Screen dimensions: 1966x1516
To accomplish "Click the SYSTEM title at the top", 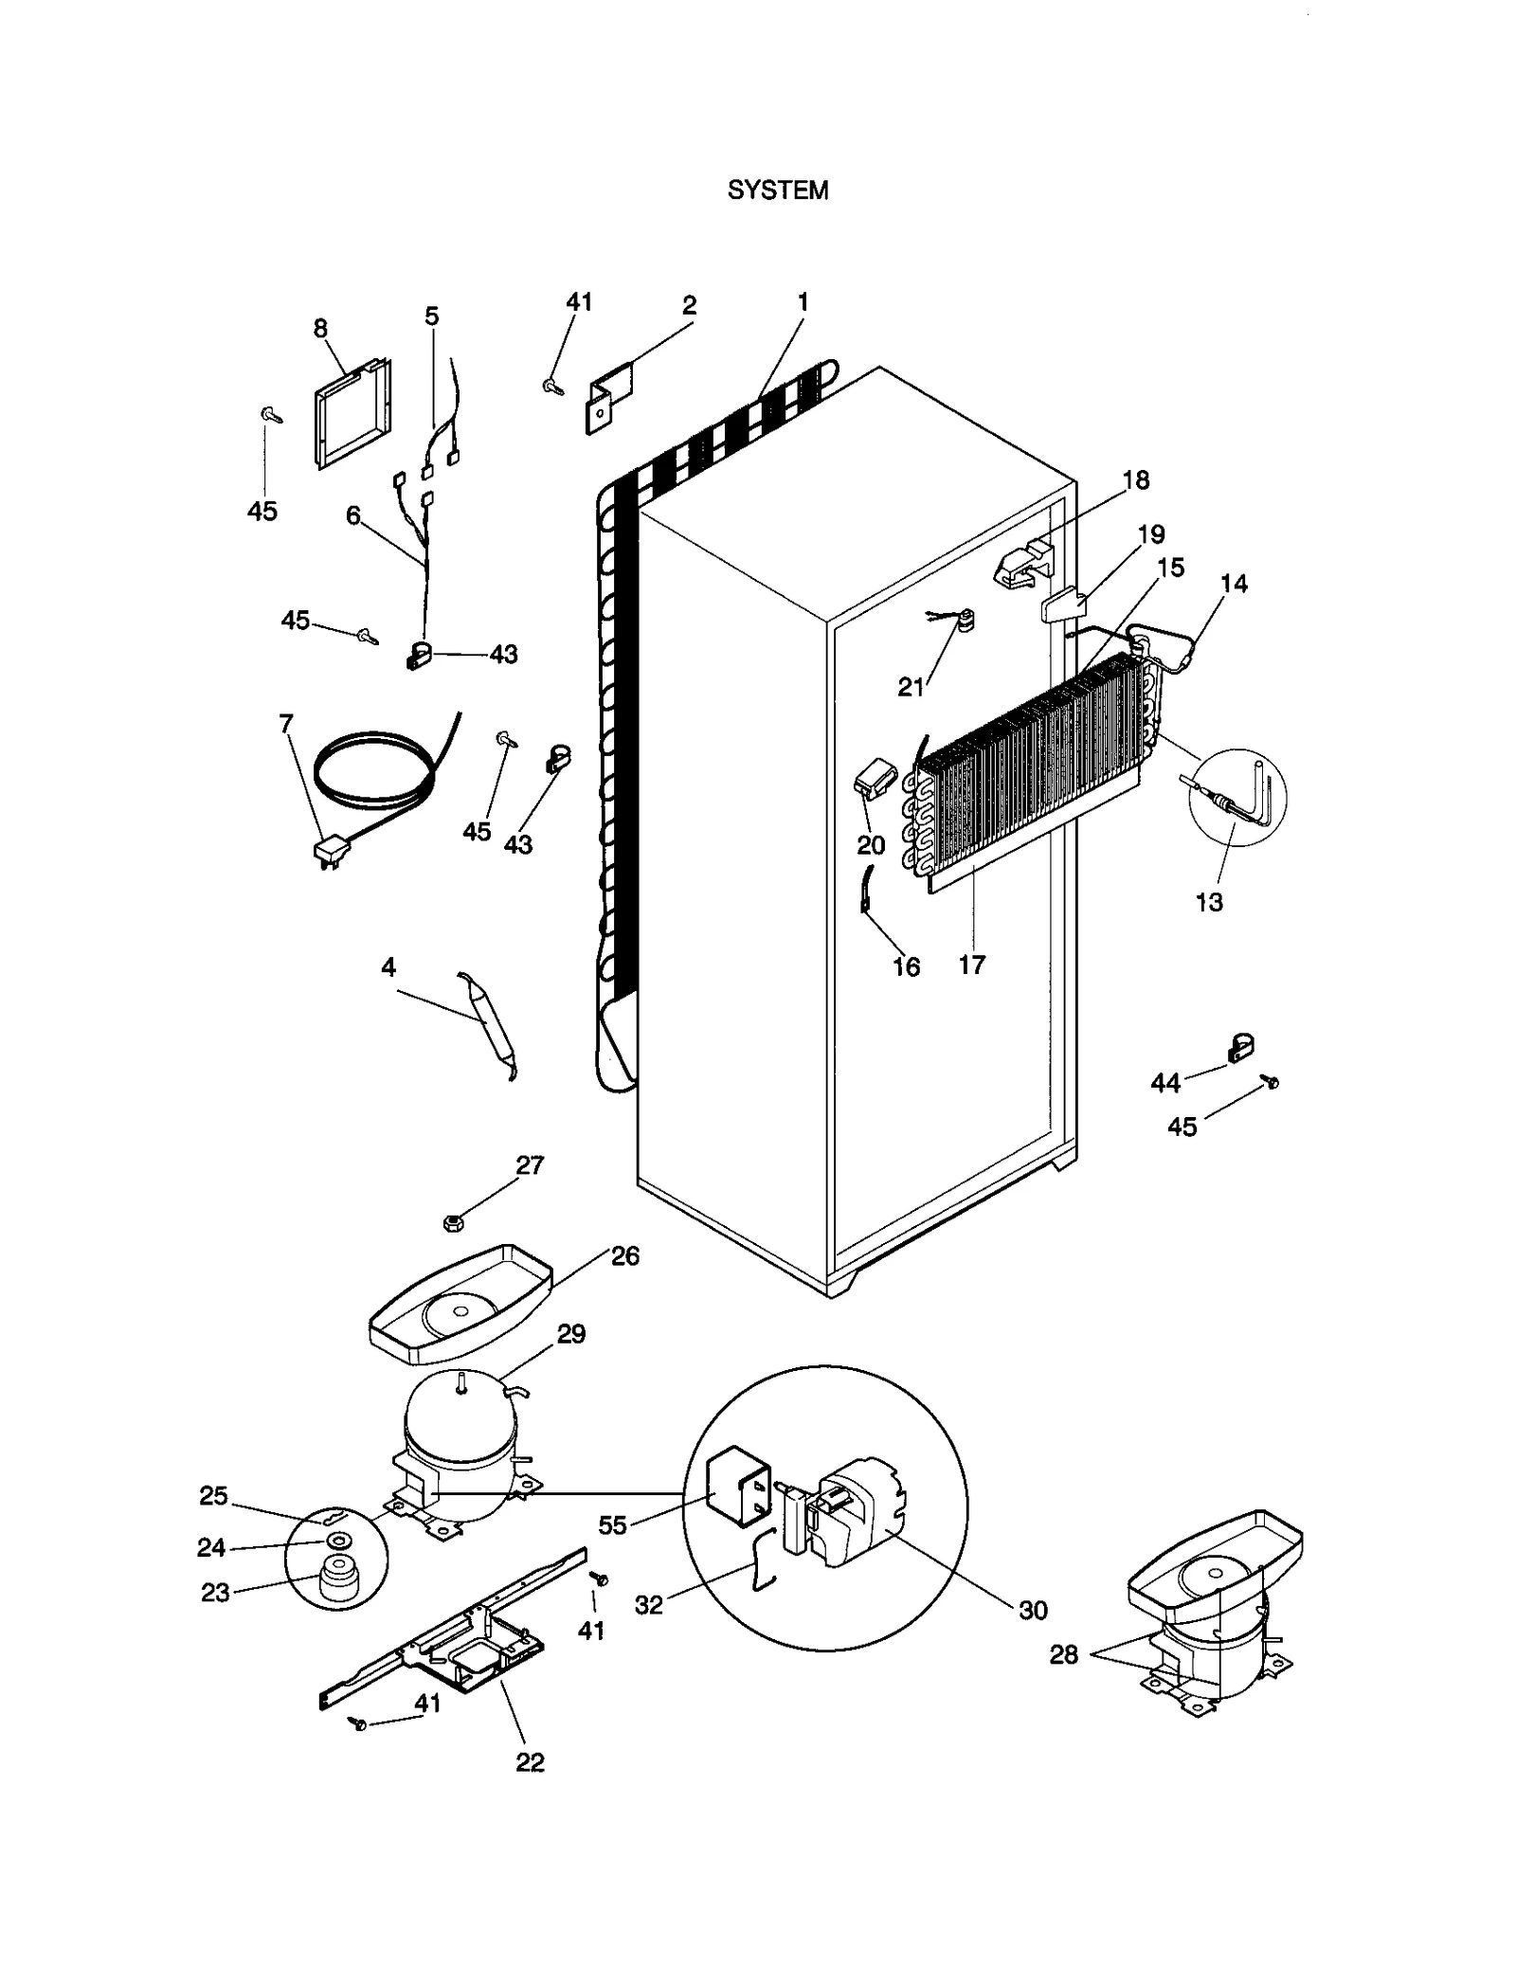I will [777, 190].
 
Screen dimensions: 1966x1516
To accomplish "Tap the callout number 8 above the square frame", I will [320, 328].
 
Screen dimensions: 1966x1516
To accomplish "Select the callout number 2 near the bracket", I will [689, 305].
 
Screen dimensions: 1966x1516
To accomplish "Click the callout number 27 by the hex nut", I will [530, 1164].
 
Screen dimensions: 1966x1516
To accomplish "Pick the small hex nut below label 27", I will [453, 1223].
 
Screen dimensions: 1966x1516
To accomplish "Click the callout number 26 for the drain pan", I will [625, 1255].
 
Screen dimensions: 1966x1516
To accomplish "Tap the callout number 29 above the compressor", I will [571, 1334].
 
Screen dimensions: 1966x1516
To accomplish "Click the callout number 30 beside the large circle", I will [1033, 1610].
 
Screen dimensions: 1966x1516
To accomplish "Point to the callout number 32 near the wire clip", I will [649, 1605].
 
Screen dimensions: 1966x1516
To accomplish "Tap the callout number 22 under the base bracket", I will [530, 1762].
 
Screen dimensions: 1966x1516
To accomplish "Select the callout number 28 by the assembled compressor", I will [1064, 1654].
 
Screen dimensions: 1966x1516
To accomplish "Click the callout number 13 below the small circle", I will [1209, 902].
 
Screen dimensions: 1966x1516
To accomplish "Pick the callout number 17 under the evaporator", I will [972, 965].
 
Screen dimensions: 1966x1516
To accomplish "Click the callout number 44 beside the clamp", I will [1165, 1082].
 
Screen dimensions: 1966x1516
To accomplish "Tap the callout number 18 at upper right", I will [1136, 480].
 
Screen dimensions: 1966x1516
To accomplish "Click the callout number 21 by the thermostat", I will [911, 687].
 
